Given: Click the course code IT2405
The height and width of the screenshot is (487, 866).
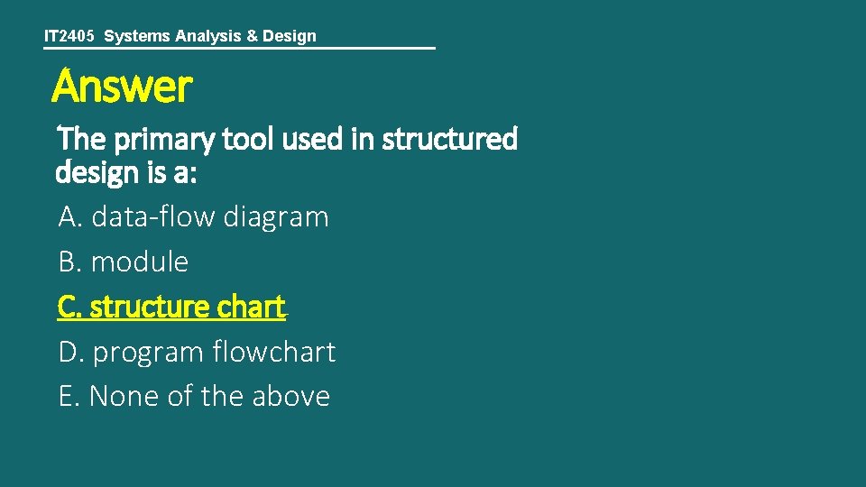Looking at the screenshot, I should (69, 36).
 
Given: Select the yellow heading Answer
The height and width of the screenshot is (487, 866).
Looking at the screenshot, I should (122, 87).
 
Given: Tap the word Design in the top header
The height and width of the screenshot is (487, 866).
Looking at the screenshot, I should (290, 36).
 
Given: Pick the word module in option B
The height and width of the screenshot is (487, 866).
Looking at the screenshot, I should (140, 262).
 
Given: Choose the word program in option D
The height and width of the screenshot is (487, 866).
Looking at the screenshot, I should (148, 353).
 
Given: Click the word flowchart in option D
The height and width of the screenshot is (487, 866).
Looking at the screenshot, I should (274, 352).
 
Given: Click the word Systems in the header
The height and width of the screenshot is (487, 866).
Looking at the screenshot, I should (135, 36).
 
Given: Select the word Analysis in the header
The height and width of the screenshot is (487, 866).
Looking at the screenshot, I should (206, 36).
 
